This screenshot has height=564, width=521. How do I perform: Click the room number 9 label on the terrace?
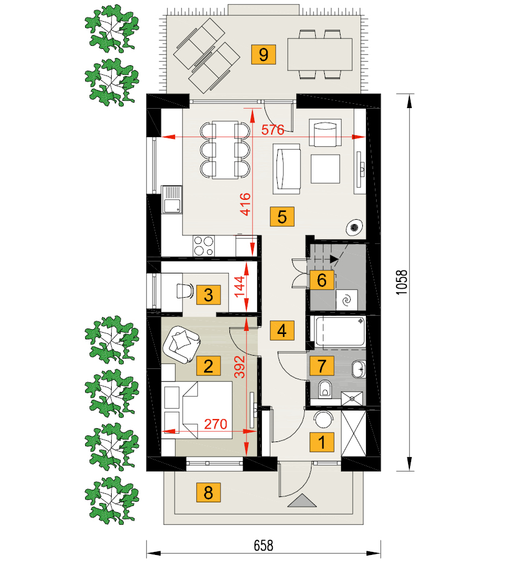tap(264, 55)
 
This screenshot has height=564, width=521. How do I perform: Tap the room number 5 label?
tap(282, 217)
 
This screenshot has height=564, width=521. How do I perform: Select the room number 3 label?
tap(208, 295)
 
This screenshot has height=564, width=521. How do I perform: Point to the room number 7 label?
tap(322, 366)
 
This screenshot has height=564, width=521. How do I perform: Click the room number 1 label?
tap(322, 442)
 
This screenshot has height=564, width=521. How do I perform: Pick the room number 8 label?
tap(208, 492)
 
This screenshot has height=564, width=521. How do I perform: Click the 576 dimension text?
tap(272, 130)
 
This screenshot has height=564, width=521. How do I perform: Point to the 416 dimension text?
tap(246, 204)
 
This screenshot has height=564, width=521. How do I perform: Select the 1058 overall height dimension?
tap(402, 283)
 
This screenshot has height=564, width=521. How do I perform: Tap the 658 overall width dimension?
tap(264, 546)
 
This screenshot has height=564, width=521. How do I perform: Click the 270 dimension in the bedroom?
tap(216, 424)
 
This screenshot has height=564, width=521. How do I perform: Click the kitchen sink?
tap(171, 199)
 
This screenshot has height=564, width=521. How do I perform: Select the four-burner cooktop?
tap(203, 246)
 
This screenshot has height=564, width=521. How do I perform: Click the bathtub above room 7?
tap(340, 332)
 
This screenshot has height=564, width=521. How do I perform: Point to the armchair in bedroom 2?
tap(182, 344)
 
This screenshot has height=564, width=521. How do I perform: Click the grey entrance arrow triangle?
tap(302, 501)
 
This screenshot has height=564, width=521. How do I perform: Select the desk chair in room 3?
tap(185, 290)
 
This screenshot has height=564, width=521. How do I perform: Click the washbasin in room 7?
tap(359, 369)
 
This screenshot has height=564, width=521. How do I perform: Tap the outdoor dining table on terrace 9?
tap(319, 54)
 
